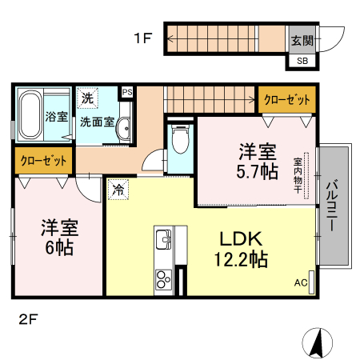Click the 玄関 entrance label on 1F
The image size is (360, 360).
pyautogui.click(x=301, y=41)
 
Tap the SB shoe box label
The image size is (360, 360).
pyautogui.click(x=302, y=61)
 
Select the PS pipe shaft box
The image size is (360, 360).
pyautogui.click(x=126, y=92)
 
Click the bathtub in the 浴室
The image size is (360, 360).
pyautogui.click(x=30, y=115)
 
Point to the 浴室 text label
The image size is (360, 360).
pyautogui.click(x=56, y=116)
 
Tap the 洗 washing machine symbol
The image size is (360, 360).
pyautogui.click(x=86, y=99)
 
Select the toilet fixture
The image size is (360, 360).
pyautogui.click(x=180, y=142)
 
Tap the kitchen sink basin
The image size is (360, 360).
pyautogui.click(x=163, y=237)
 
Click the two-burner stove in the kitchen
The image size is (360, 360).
pyautogui.click(x=163, y=280)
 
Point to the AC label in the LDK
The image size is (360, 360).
pyautogui.click(x=300, y=282)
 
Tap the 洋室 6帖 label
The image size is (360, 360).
pyautogui.click(x=58, y=237)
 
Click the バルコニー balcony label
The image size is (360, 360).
pyautogui.click(x=331, y=206)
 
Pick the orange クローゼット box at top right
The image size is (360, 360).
pyautogui.click(x=286, y=99)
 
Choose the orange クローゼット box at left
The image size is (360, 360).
pyautogui.click(x=43, y=160)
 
